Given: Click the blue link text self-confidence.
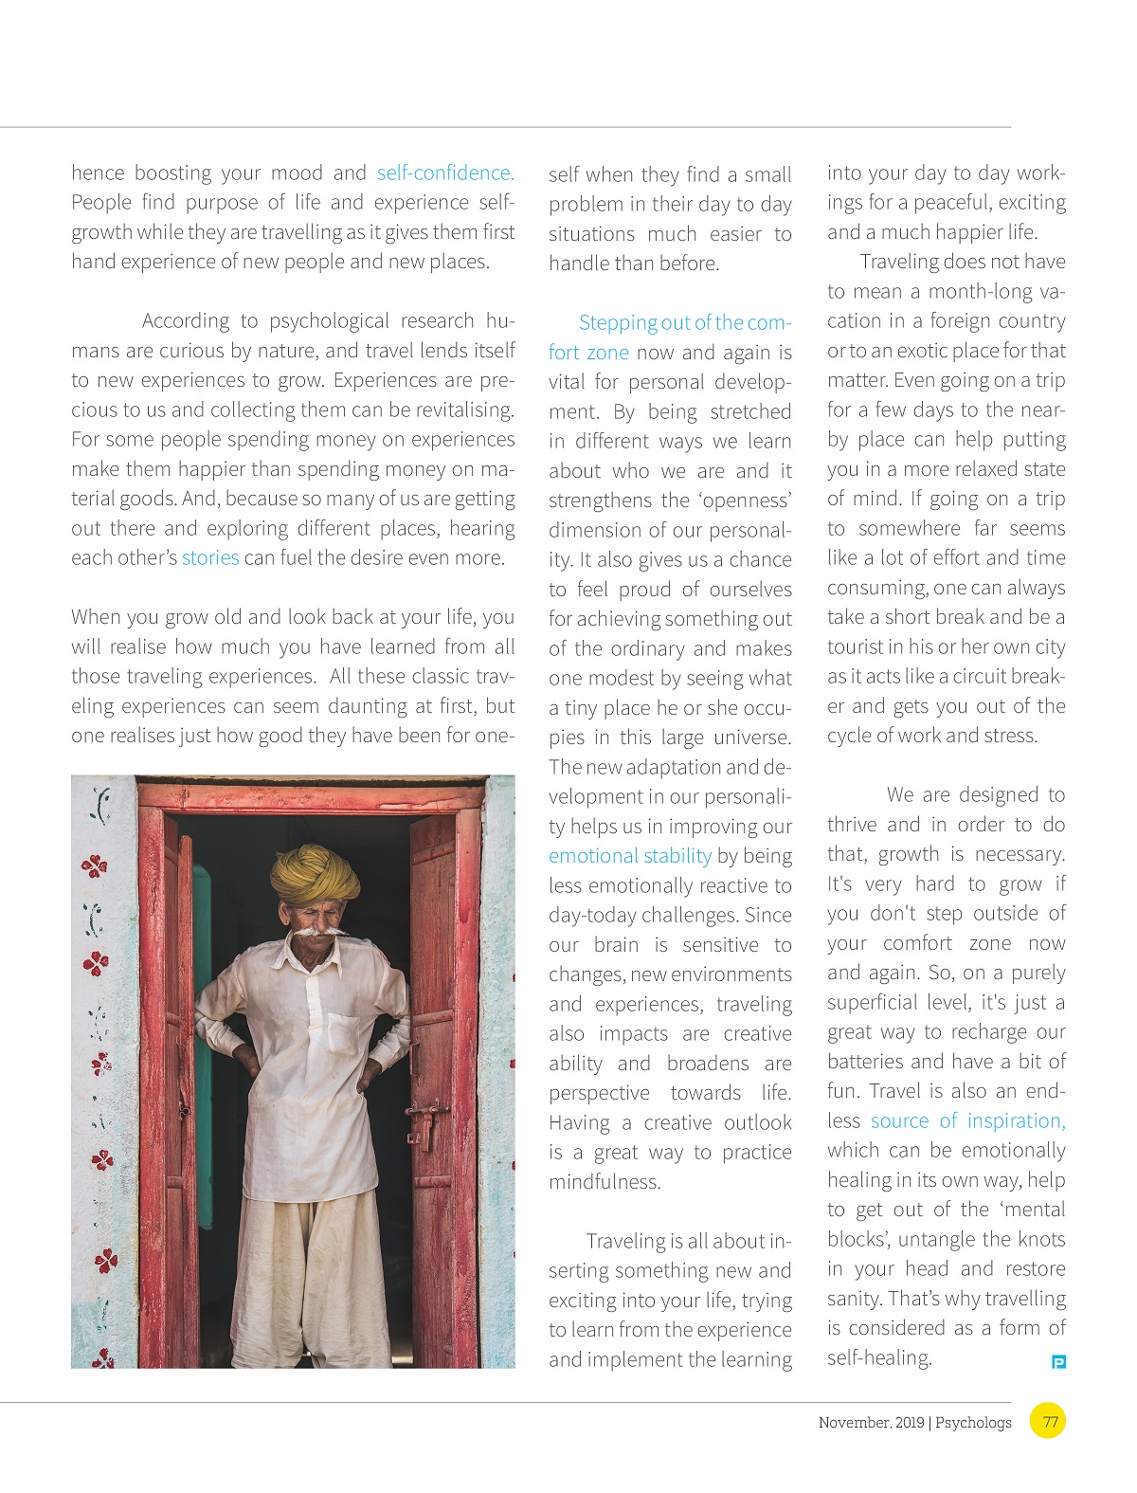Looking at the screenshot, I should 445,173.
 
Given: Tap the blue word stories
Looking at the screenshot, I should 210,557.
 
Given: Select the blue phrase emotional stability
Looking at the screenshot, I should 629,856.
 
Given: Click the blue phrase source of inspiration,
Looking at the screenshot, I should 967,1120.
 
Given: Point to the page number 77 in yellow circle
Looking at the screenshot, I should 1049,1422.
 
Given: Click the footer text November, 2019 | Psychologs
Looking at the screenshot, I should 914,1423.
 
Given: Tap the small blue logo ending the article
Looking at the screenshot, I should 1059,1362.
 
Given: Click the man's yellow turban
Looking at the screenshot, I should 315,873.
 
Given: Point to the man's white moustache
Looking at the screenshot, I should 316,934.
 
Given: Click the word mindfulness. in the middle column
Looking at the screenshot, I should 605,1182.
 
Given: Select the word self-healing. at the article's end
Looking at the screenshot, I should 879,1357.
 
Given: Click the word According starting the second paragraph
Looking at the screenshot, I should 186,320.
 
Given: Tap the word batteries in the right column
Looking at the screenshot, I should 865,1062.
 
